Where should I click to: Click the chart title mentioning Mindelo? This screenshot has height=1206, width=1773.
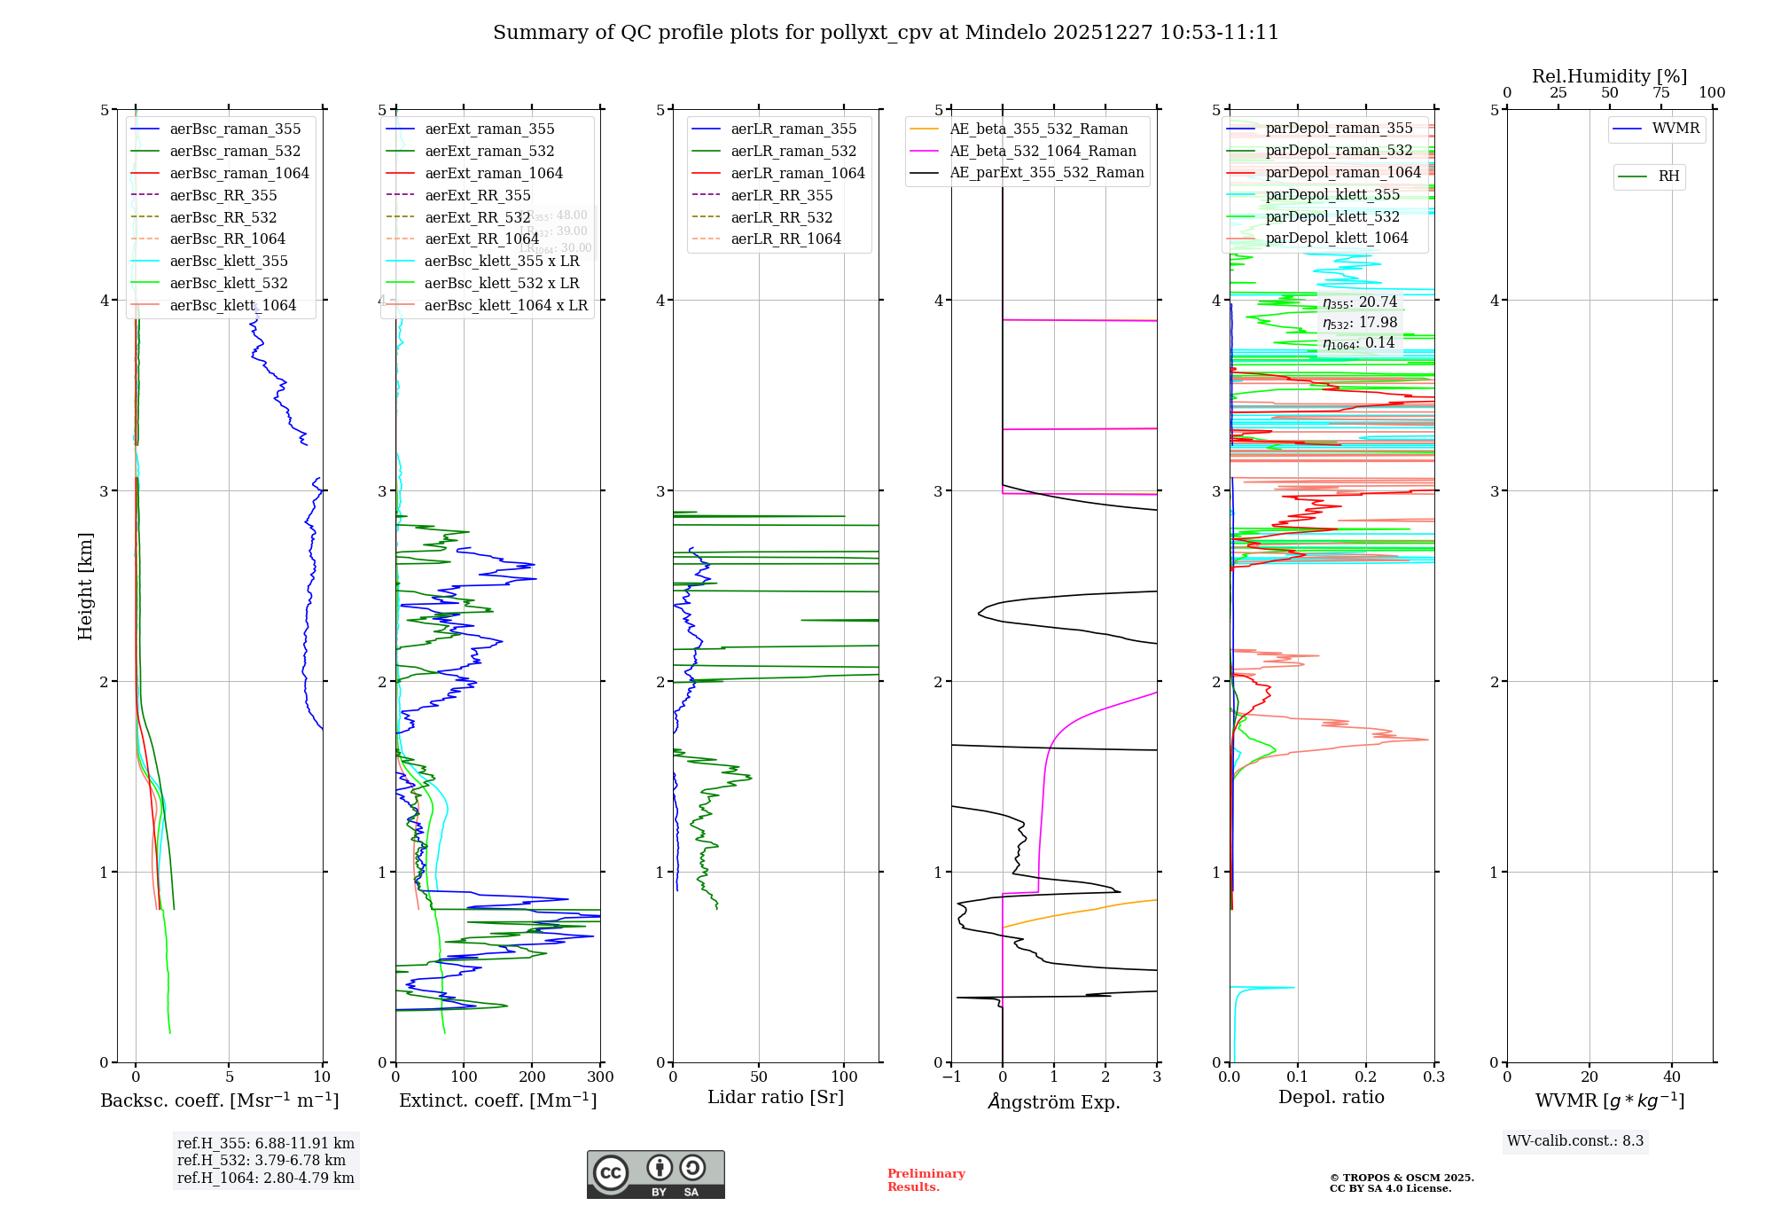886,33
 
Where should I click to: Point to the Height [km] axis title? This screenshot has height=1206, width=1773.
85,585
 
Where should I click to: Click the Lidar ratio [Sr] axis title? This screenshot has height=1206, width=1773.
776,1097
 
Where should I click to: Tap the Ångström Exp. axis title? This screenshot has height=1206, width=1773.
1054,1101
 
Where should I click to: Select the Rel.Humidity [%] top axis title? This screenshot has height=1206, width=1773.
1609,76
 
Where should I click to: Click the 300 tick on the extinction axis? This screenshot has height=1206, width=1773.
600,1077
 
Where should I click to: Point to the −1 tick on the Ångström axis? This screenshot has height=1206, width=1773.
951,1077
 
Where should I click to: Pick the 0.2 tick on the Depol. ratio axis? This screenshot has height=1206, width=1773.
1366,1077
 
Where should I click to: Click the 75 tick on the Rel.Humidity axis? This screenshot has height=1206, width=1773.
1660,92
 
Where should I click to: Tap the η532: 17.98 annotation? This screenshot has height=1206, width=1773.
1360,323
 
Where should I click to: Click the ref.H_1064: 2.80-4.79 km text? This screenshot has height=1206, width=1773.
266,1178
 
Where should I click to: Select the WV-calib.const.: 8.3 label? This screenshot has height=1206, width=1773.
1575,1140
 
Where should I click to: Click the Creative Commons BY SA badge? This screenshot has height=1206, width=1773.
655,1174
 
